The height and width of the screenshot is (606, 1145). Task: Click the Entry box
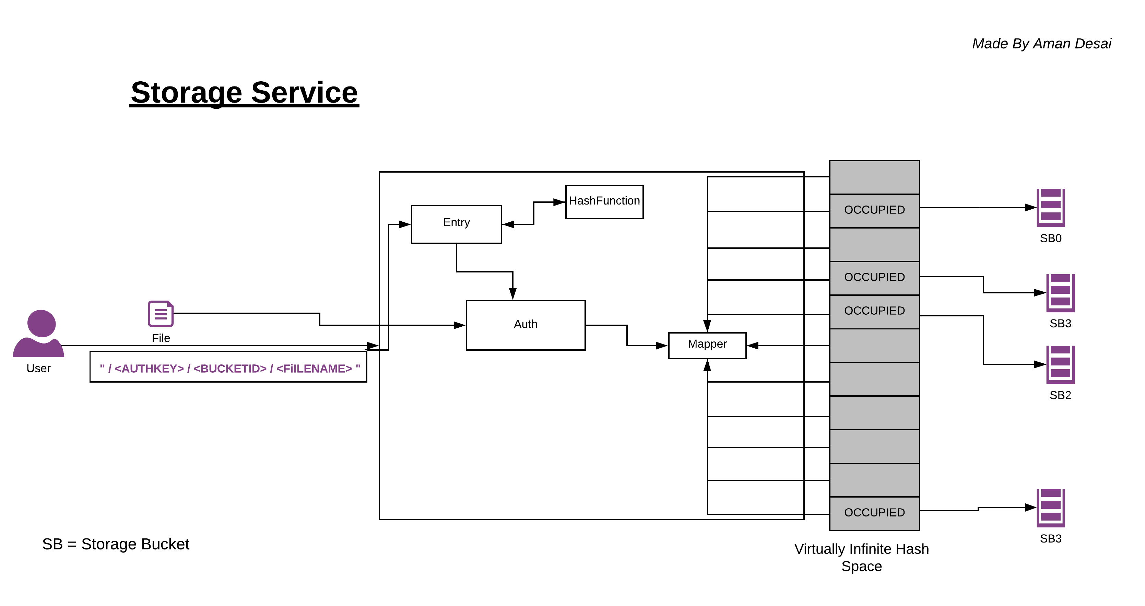457,224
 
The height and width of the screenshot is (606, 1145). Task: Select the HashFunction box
604,202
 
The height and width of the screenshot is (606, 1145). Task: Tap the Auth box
526,325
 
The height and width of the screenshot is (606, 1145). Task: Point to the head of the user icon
42,323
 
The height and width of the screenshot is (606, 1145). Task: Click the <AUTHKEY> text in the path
149,369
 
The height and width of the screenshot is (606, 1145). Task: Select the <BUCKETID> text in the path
230,369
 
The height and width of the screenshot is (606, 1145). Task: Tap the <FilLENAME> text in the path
314,369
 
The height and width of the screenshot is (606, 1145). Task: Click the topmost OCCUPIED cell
874,210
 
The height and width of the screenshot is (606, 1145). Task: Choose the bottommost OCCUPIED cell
874,513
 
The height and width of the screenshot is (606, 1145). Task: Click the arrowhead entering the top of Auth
512,294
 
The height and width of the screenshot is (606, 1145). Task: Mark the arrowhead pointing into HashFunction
559,202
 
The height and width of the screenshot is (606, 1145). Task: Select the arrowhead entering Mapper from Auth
662,346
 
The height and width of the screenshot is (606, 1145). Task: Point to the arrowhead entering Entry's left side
405,224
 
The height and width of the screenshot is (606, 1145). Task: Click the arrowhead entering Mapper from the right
753,346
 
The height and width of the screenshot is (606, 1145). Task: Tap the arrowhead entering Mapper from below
707,365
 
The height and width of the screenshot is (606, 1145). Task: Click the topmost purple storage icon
1050,208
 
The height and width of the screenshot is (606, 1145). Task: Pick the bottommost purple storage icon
1050,508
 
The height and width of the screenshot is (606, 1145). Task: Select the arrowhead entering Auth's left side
460,325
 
